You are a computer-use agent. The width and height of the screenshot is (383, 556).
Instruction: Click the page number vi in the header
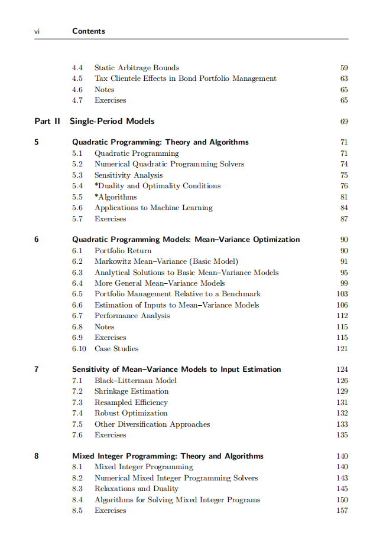(37, 31)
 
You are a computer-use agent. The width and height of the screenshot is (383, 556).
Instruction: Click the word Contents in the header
(89, 31)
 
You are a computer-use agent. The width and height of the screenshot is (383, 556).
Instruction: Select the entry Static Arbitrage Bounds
(137, 68)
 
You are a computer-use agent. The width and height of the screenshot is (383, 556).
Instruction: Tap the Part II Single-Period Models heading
(95, 121)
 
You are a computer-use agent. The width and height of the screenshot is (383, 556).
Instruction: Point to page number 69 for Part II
(344, 122)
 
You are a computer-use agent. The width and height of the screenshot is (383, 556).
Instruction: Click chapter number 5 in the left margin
(37, 142)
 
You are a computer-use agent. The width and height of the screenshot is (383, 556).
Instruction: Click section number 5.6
(77, 208)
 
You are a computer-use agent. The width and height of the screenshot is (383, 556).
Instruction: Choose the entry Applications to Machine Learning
(153, 208)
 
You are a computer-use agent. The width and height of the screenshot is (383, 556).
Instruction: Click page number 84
(344, 208)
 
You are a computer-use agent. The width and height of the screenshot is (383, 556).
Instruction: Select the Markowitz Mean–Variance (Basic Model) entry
(166, 261)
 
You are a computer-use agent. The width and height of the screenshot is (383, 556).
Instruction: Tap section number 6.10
(79, 349)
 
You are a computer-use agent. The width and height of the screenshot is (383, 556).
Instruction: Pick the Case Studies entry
(116, 349)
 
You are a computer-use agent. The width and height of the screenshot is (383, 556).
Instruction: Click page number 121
(342, 349)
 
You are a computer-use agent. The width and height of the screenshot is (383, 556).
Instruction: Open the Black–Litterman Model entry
(135, 381)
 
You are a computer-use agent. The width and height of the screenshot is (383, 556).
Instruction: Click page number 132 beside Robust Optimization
(342, 413)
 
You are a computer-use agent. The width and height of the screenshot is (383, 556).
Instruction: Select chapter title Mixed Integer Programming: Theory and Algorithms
(168, 456)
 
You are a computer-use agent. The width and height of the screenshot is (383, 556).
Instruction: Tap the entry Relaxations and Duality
(137, 489)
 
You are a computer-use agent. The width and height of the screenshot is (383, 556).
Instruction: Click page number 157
(342, 511)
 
